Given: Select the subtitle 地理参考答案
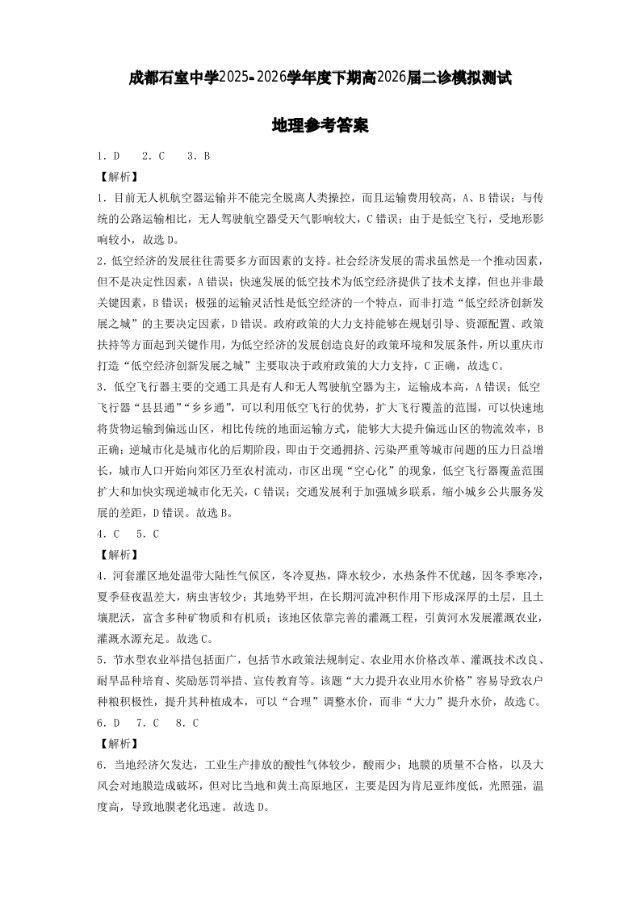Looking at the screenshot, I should coord(320,126).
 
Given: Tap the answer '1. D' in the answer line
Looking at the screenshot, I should coord(108,156).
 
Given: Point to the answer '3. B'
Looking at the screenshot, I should coord(199,156).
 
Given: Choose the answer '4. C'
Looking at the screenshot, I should coord(108,534).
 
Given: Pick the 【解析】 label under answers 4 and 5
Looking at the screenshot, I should coord(117,555).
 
